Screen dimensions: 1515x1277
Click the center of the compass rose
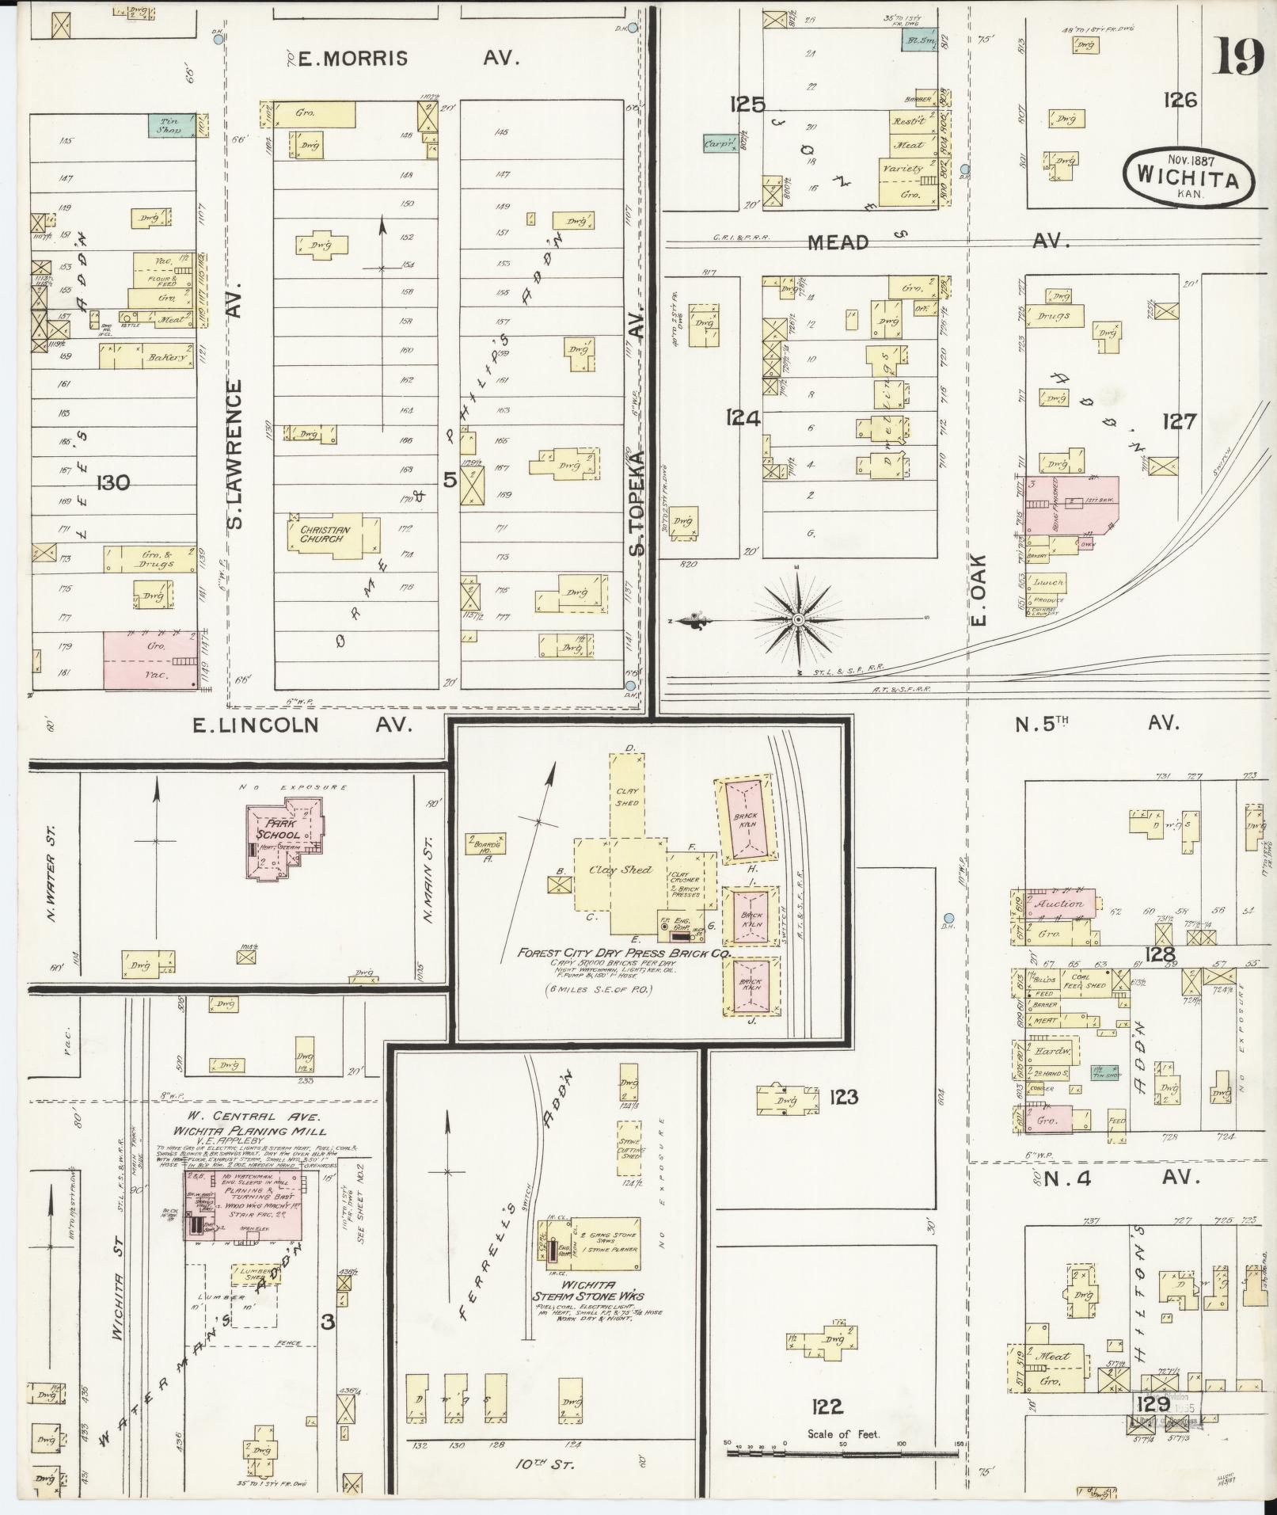tap(798, 619)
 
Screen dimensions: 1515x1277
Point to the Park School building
tap(283, 836)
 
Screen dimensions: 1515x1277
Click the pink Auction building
tap(1059, 904)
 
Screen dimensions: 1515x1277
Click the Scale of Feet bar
tap(843, 1452)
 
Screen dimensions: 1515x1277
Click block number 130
tap(112, 482)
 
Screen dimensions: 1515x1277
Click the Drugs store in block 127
tap(1054, 316)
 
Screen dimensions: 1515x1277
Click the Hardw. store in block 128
tap(1049, 1053)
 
